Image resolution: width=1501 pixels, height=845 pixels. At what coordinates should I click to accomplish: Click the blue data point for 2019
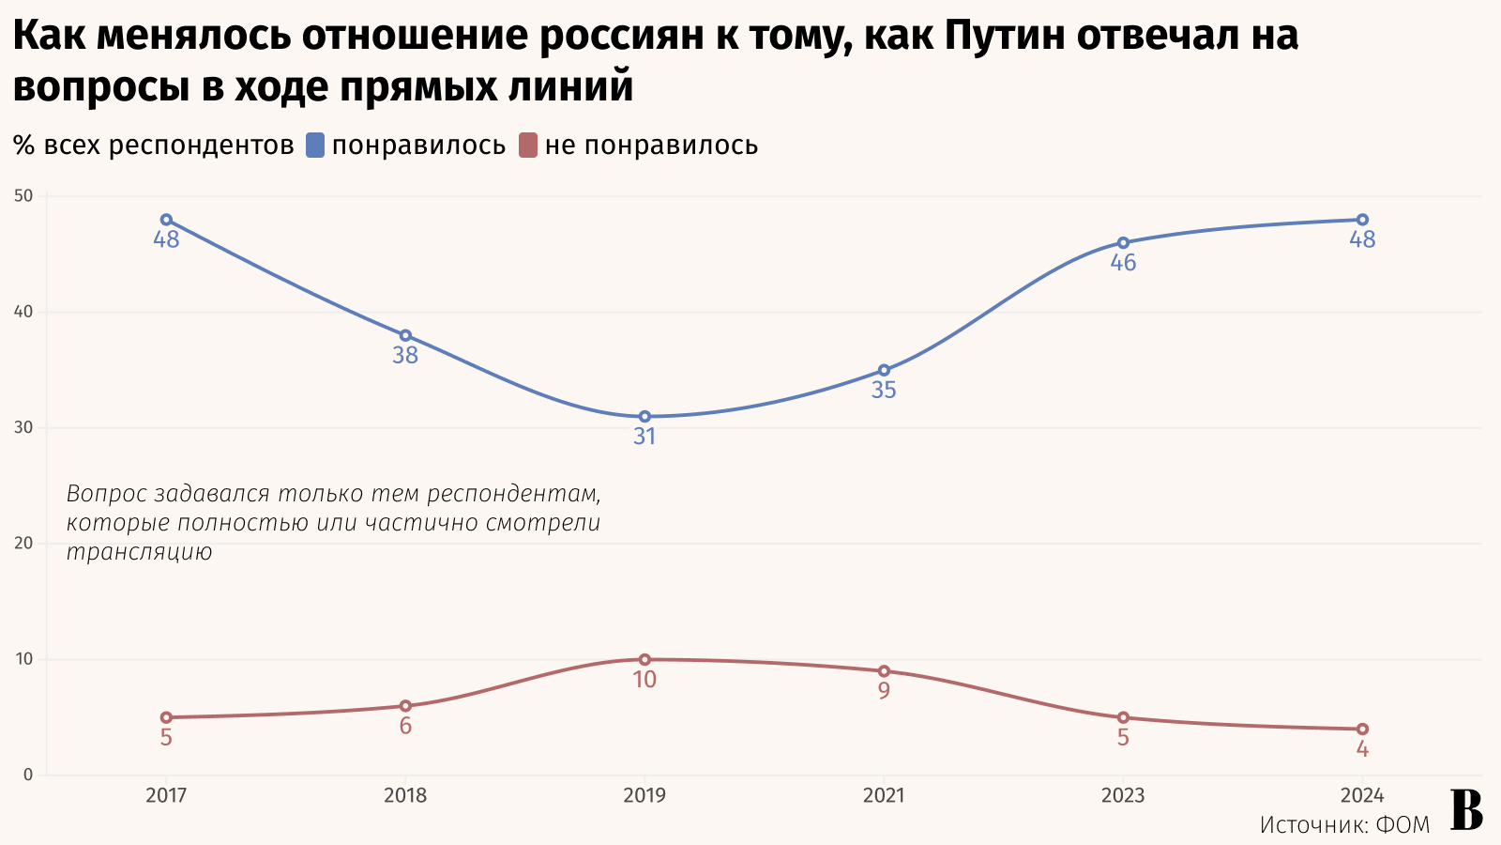[x=644, y=417]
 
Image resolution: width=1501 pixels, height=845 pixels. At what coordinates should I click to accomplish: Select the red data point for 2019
[x=644, y=660]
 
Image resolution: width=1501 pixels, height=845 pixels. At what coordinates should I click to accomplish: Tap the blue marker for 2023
[x=1123, y=243]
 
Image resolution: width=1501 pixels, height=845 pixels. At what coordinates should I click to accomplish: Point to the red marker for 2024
[x=1362, y=730]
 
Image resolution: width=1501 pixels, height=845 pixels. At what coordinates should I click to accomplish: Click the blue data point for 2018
[x=405, y=336]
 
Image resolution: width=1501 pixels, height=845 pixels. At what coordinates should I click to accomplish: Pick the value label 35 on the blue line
[x=884, y=391]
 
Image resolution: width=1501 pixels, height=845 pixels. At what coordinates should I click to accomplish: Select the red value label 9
[x=884, y=692]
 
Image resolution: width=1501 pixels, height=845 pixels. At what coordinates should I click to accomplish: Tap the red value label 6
[x=405, y=727]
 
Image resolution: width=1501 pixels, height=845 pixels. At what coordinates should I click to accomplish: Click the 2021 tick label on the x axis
[x=884, y=796]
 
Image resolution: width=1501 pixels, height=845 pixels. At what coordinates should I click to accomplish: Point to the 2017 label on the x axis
[x=166, y=796]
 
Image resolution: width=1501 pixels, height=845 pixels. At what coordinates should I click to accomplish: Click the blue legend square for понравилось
[x=315, y=146]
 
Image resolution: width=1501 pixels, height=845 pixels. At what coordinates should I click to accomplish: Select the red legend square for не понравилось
[x=528, y=146]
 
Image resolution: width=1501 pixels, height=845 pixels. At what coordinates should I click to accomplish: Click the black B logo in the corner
[x=1466, y=809]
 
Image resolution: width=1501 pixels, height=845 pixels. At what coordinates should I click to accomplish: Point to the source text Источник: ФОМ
[x=1344, y=825]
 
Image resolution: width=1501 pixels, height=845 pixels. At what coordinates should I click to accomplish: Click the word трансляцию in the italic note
[x=139, y=552]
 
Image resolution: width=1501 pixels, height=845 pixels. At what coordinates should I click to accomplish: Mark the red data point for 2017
[x=166, y=717]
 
